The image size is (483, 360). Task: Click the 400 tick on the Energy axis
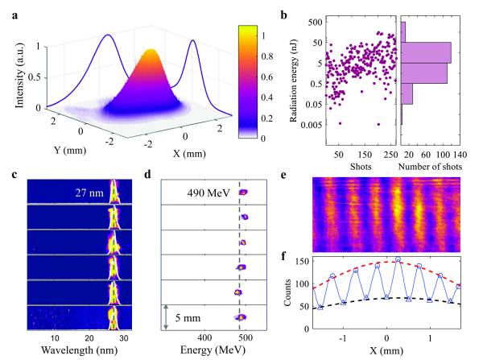pos(204,337)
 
